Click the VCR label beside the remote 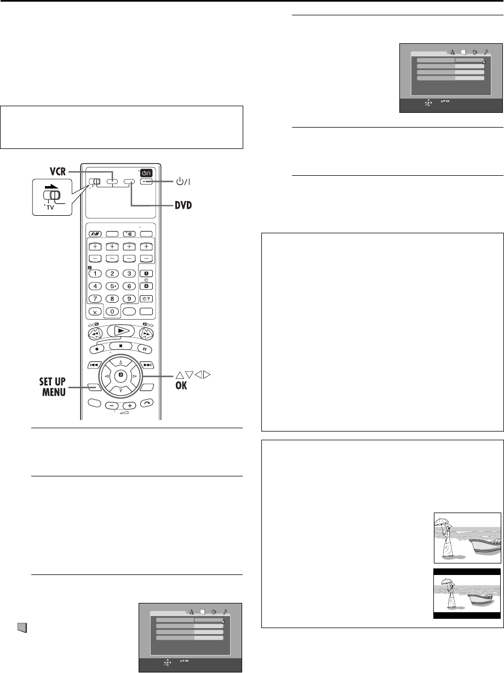coord(58,171)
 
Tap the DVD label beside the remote coord(184,205)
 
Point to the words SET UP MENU coord(53,387)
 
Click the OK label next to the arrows coord(181,386)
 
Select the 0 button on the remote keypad coord(112,312)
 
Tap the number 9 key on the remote coord(129,298)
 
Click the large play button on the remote coord(121,331)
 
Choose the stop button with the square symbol coord(121,346)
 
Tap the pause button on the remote coord(145,349)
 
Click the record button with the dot coord(97,349)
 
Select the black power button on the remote coord(146,173)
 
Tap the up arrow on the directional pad coord(121,363)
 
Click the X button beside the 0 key coord(95,312)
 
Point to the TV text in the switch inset coord(50,208)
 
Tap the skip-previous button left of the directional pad coord(94,365)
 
